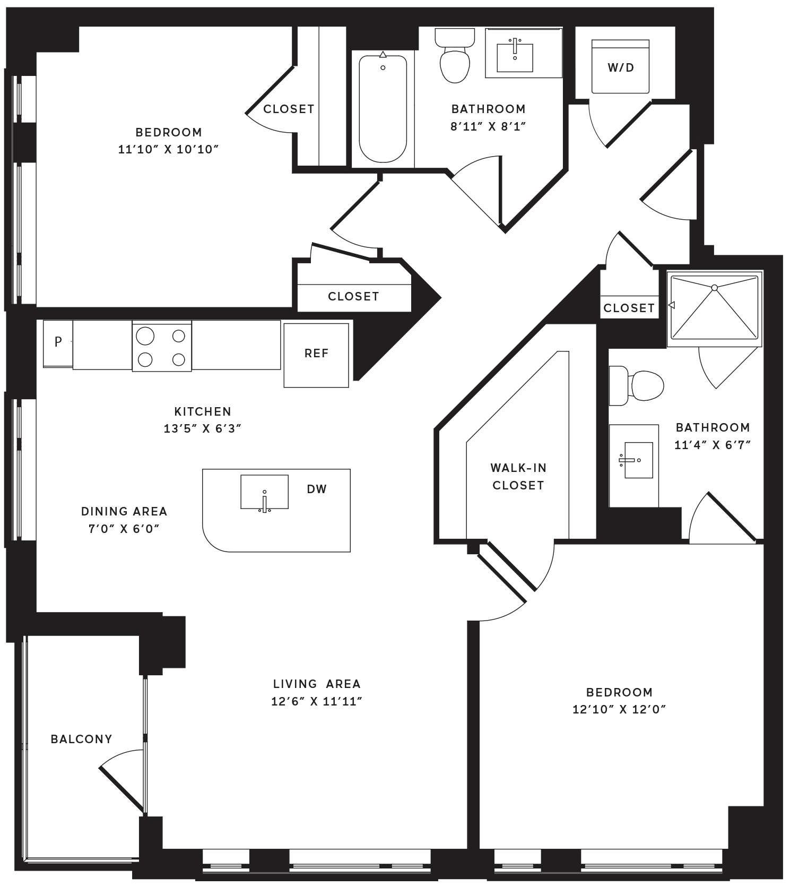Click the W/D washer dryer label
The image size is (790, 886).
pos(621,67)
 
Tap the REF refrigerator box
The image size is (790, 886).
pos(316,355)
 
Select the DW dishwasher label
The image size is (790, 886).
pos(317,489)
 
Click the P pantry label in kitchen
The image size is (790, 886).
pos(58,342)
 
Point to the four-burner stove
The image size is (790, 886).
pos(162,347)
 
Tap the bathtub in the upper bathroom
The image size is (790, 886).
pos(383,108)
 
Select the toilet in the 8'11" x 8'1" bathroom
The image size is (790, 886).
pos(455,55)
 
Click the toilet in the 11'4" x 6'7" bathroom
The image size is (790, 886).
pos(637,385)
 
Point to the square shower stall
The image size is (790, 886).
pos(715,306)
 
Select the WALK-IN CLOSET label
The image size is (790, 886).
pos(518,477)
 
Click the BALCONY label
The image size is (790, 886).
pos(81,739)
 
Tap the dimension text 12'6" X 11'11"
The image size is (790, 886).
pos(316,701)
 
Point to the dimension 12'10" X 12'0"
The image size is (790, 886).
pos(619,709)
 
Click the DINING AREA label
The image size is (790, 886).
pos(124,511)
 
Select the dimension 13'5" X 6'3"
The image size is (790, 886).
pos(203,428)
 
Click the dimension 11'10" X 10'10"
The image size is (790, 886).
pos(168,149)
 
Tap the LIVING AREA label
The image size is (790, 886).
pos(317,684)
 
